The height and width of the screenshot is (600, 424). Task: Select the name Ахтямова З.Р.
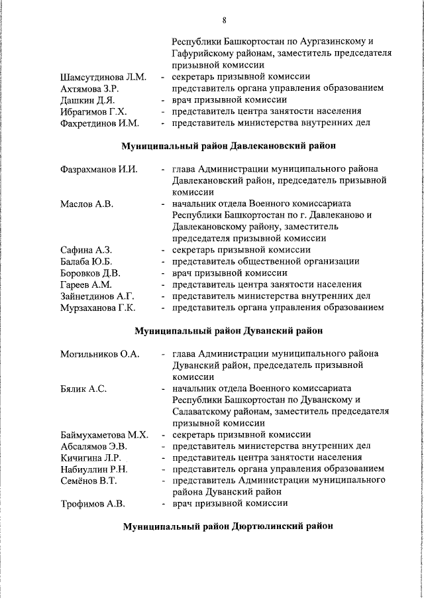pos(89,89)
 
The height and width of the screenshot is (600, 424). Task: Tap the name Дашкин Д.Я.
pos(85,100)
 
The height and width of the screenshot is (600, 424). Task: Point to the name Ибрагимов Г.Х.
pos(93,111)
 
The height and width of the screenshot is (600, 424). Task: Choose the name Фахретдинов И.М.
pos(99,123)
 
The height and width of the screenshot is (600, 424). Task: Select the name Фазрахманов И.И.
pos(99,169)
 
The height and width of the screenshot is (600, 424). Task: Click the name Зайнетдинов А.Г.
pos(97,296)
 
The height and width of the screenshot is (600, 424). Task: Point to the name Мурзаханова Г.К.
pos(97,308)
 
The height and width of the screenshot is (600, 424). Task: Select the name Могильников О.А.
pos(99,354)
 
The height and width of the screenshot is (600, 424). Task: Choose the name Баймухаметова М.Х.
pos(103,435)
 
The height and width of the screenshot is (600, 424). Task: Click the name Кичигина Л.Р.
pos(91,457)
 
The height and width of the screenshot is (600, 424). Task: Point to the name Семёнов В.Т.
pos(89,481)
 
